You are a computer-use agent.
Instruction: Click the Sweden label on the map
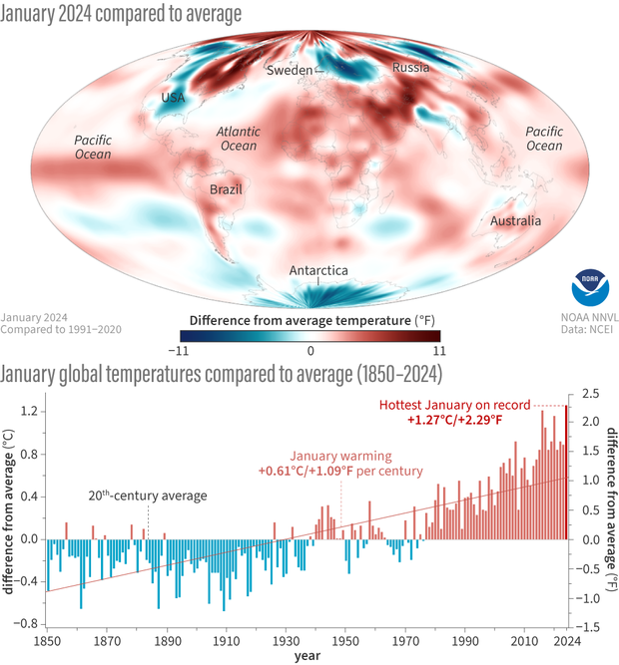coord(291,71)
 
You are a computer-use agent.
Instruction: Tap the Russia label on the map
coord(410,68)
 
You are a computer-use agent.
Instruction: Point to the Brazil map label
coord(226,188)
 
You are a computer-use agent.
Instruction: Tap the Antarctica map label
coord(318,270)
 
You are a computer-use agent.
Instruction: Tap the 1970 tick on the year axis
coord(406,641)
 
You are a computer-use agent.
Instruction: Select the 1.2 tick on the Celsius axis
coord(30,411)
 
